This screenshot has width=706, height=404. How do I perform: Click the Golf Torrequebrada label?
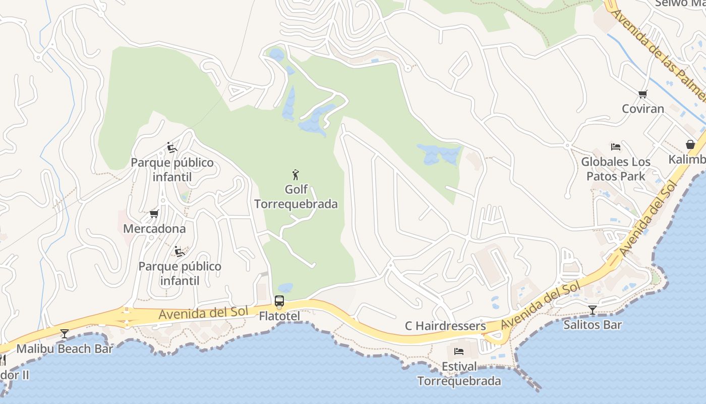(296, 196)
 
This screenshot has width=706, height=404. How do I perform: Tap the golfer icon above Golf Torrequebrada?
(296, 175)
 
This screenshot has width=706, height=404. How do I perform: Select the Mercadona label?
(154, 228)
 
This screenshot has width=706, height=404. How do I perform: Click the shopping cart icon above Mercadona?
(154, 214)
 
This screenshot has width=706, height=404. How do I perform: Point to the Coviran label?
(642, 109)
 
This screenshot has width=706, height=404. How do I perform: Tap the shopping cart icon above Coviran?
(642, 94)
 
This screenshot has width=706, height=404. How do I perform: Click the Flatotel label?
(279, 316)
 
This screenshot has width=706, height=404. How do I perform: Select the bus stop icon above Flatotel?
(279, 301)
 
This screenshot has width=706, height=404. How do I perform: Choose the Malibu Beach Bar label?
(65, 348)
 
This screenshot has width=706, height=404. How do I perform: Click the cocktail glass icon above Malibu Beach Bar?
(65, 333)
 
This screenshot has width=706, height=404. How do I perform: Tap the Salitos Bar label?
(592, 325)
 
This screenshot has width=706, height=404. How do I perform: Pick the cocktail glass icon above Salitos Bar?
(592, 310)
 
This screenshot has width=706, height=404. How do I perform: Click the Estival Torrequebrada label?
(459, 374)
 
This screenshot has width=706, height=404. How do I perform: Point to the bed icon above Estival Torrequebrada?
(459, 351)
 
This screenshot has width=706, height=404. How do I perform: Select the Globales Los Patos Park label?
(616, 169)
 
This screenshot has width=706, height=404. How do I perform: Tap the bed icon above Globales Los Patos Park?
(616, 147)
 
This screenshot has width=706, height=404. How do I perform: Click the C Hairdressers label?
(445, 326)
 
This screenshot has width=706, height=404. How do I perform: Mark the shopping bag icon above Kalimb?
(690, 145)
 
